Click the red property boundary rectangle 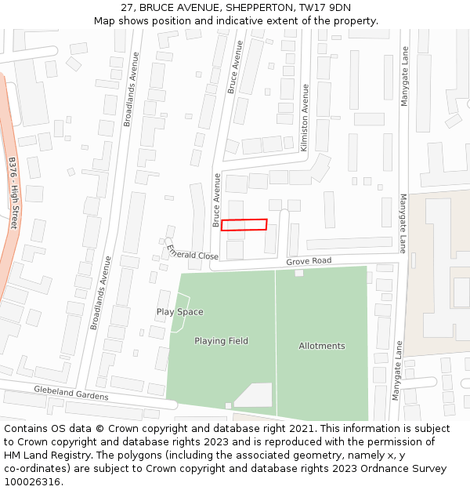(x=244, y=225)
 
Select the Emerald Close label (x=193, y=252)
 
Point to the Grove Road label (x=309, y=260)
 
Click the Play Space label (x=179, y=312)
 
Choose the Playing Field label (x=221, y=341)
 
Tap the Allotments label (x=321, y=346)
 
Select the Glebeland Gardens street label (x=70, y=393)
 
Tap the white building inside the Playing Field (x=255, y=395)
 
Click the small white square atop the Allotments (x=298, y=273)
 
